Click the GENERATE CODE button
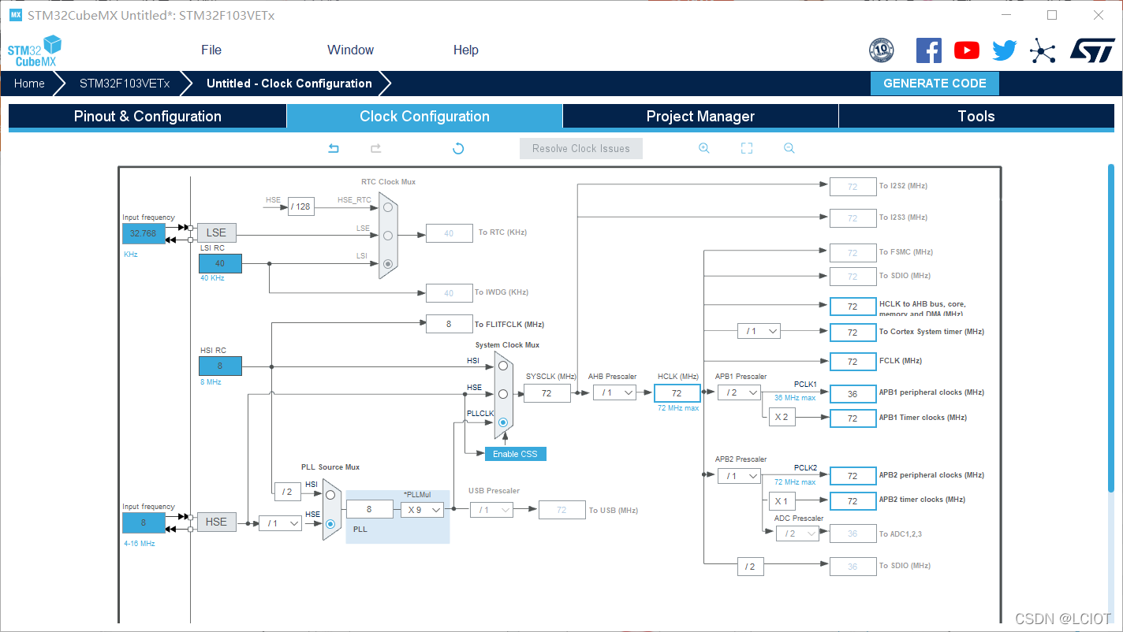935,84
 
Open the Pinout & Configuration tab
147,117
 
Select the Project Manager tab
700,117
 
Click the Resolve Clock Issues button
580,148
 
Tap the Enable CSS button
515,454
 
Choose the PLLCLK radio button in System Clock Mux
503,422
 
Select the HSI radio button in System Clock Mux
503,366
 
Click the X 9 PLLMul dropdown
422,510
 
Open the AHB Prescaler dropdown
614,392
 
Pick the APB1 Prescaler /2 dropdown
739,392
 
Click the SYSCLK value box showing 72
547,392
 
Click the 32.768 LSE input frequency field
144,233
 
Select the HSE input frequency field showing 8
144,522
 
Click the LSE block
216,232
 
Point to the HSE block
216,522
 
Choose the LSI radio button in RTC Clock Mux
388,265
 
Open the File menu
211,50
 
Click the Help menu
466,50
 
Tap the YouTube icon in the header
967,50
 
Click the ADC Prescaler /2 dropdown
797,533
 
